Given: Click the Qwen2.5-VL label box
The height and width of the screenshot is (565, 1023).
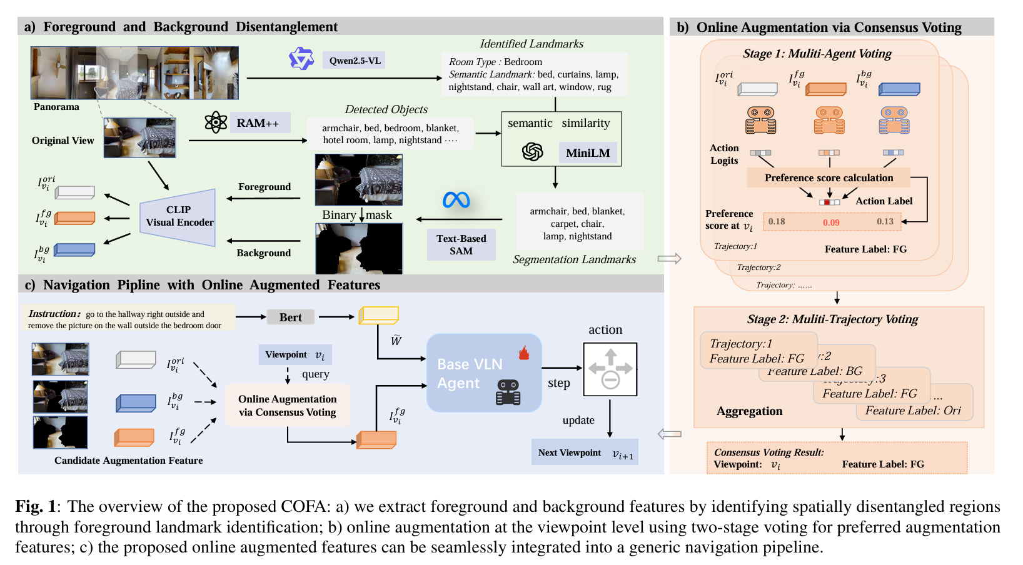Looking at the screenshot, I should coord(355,61).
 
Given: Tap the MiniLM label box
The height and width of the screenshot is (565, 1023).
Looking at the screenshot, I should coord(588,153).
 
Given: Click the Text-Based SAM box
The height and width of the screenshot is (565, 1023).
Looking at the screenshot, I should coord(461,245).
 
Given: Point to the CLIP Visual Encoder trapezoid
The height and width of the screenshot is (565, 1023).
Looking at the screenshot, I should coord(179,216).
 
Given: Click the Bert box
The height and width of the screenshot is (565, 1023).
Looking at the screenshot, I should coord(290,317).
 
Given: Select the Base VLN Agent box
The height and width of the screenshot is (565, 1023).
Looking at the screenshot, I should coord(483,373).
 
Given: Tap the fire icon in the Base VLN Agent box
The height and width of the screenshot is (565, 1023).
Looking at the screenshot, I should coord(524,354).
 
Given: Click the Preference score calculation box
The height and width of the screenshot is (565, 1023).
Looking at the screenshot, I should coord(829,178).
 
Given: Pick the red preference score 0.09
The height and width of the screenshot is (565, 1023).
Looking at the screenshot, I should coord(831,222).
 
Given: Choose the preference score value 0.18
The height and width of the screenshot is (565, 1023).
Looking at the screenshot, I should coord(777,222).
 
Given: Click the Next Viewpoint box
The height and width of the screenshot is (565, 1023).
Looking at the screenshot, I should coord(585,453).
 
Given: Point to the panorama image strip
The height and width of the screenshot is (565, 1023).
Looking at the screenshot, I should coord(134,72).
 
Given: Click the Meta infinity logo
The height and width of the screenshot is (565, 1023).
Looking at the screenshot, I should coord(456,200).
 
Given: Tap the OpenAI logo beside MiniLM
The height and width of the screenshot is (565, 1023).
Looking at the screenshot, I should coord(532,152).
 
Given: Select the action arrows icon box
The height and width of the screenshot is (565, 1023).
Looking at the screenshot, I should coord(610,369).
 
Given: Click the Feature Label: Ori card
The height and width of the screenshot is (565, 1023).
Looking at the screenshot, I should coord(914,411).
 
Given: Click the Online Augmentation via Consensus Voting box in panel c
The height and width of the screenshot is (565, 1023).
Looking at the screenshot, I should coord(287,406).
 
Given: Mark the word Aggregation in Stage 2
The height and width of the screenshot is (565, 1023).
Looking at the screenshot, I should coord(749,411).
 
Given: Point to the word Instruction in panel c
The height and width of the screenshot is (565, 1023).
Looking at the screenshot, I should coord(54,314).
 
